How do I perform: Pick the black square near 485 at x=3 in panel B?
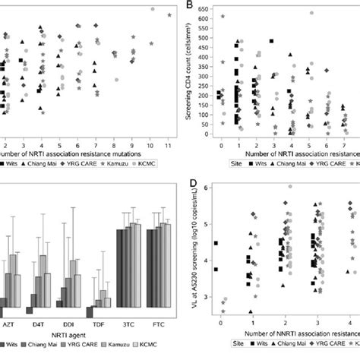click(271, 42)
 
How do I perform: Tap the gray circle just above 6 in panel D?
click(289, 186)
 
